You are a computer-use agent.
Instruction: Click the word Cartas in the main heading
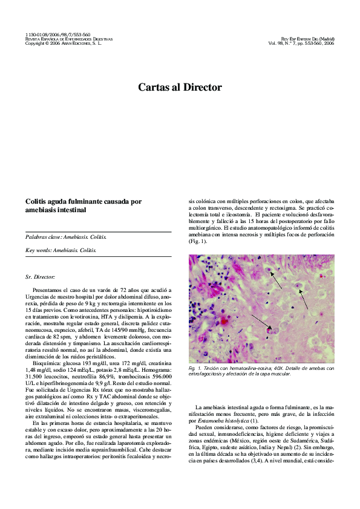154,88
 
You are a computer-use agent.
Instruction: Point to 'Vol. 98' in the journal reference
277,44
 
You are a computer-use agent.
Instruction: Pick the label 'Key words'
38,250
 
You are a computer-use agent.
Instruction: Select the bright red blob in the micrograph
224,319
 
